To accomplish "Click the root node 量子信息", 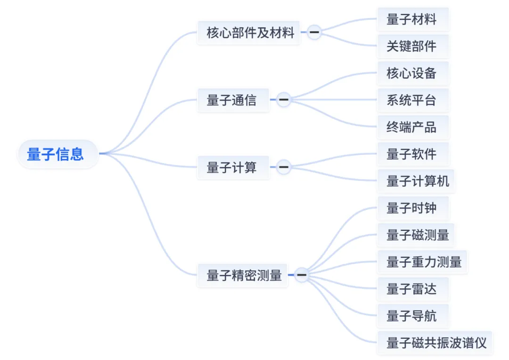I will (x=56, y=154).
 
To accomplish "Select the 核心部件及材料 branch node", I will (x=250, y=33).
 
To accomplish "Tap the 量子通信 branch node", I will (x=232, y=100).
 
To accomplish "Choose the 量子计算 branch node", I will (x=232, y=167).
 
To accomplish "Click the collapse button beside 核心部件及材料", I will (x=314, y=33).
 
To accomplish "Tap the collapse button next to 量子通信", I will (x=283, y=100).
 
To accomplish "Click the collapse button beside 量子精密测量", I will (x=302, y=275).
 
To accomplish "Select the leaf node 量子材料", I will (x=411, y=19).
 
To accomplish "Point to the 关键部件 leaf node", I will (x=411, y=46).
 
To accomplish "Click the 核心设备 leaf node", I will (x=411, y=73).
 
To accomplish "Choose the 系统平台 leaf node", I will (x=411, y=100).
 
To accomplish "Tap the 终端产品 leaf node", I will (x=411, y=127).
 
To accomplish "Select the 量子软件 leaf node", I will (x=411, y=154).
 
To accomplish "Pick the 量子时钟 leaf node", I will (x=411, y=208).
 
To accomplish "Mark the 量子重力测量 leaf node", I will (x=424, y=262).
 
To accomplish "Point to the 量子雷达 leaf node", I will (x=411, y=289).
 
